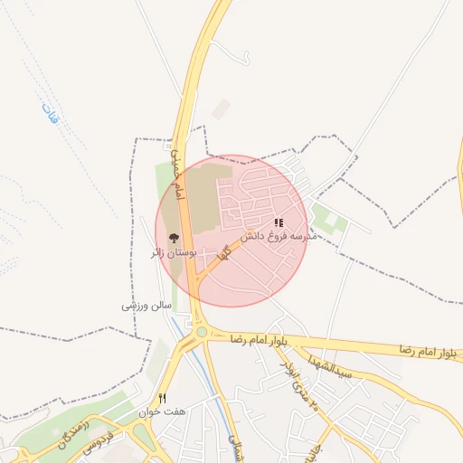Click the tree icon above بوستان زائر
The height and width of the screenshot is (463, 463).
coord(175,238)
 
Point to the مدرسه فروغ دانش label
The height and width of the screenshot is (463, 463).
coord(279,236)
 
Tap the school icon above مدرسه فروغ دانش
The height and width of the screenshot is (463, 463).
coord(279,222)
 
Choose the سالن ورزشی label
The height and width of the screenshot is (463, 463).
coord(146,306)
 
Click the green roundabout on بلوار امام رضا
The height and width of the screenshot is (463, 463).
coord(200,333)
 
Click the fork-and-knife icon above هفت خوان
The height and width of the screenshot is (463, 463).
coord(162,399)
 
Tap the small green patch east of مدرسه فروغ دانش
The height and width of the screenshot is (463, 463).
coord(327,219)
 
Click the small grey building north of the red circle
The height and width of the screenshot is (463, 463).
coord(221,109)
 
